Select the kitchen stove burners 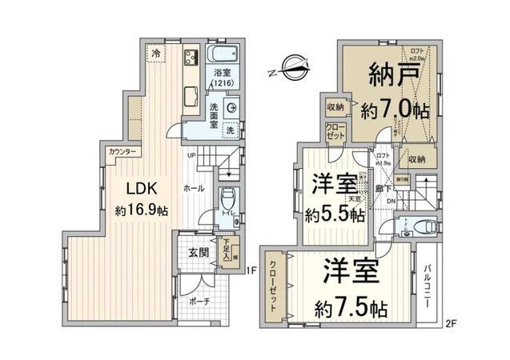pos(191,58)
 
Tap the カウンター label pos(121,152)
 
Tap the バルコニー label pos(429,290)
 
